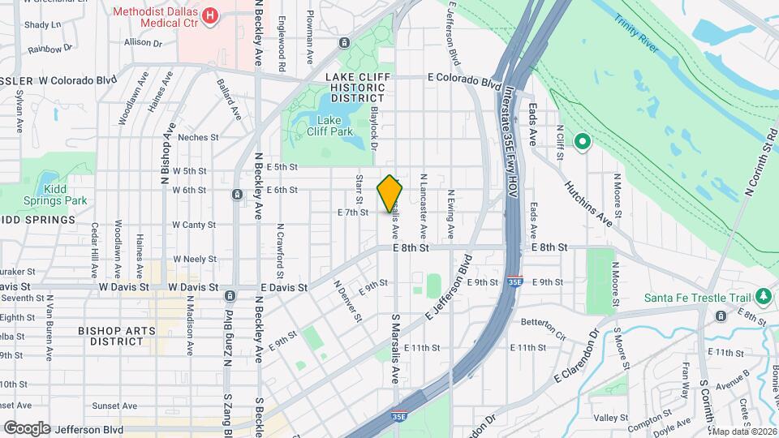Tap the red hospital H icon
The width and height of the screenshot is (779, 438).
pos(211,15)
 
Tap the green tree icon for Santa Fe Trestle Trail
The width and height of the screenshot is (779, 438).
pos(763,297)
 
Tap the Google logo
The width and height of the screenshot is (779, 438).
pos(26,427)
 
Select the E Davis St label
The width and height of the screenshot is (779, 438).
pos(284,287)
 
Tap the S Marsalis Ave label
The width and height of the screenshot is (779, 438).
pos(397,348)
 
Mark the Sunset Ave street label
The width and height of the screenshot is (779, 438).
pos(115,405)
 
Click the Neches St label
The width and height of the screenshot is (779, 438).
pos(198,137)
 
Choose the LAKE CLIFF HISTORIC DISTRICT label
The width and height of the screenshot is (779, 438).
pos(357,87)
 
